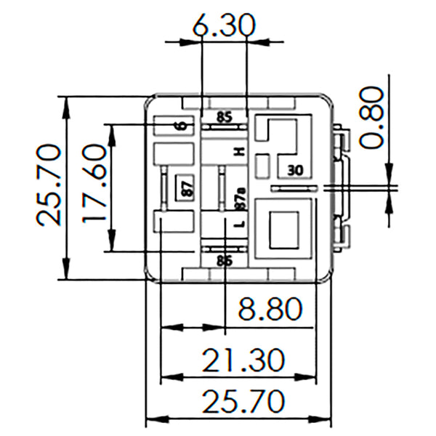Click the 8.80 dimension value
(270, 310)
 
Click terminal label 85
(224, 116)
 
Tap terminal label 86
(224, 259)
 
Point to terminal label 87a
(241, 197)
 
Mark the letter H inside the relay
(238, 151)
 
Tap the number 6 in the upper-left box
(182, 126)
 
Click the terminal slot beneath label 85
(224, 126)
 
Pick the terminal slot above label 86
(224, 249)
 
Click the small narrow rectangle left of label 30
(263, 166)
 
